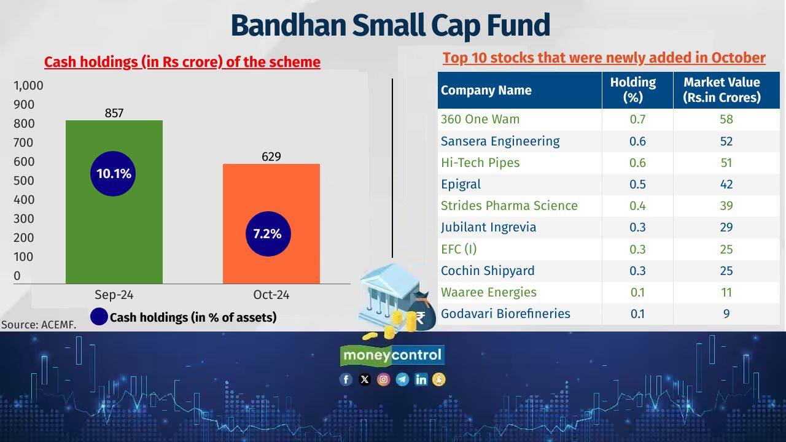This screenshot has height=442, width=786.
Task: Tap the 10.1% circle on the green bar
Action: tap(114, 174)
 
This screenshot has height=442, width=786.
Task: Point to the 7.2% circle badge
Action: tap(267, 234)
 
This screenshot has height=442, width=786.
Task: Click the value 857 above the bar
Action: tap(114, 113)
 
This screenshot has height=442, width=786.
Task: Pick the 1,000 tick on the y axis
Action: tap(28, 85)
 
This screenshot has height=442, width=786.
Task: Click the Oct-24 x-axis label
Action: tap(271, 295)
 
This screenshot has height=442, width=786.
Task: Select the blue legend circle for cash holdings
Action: tap(99, 317)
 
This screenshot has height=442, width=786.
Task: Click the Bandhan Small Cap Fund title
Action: tap(390, 26)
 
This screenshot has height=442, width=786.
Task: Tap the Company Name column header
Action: tap(486, 90)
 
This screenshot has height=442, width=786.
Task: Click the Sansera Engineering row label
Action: tap(500, 141)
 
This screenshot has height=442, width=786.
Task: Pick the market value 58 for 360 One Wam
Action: tap(726, 119)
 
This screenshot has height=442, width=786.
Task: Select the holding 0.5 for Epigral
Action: tap(637, 184)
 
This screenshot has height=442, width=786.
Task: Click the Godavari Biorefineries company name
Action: tap(505, 314)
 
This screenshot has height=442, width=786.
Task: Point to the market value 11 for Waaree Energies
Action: tap(726, 292)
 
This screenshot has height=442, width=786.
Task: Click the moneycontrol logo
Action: tap(392, 355)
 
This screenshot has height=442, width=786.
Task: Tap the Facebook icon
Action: tap(346, 379)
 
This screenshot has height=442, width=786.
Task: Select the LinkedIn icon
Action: tap(421, 379)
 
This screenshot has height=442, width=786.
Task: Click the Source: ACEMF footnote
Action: tap(39, 325)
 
